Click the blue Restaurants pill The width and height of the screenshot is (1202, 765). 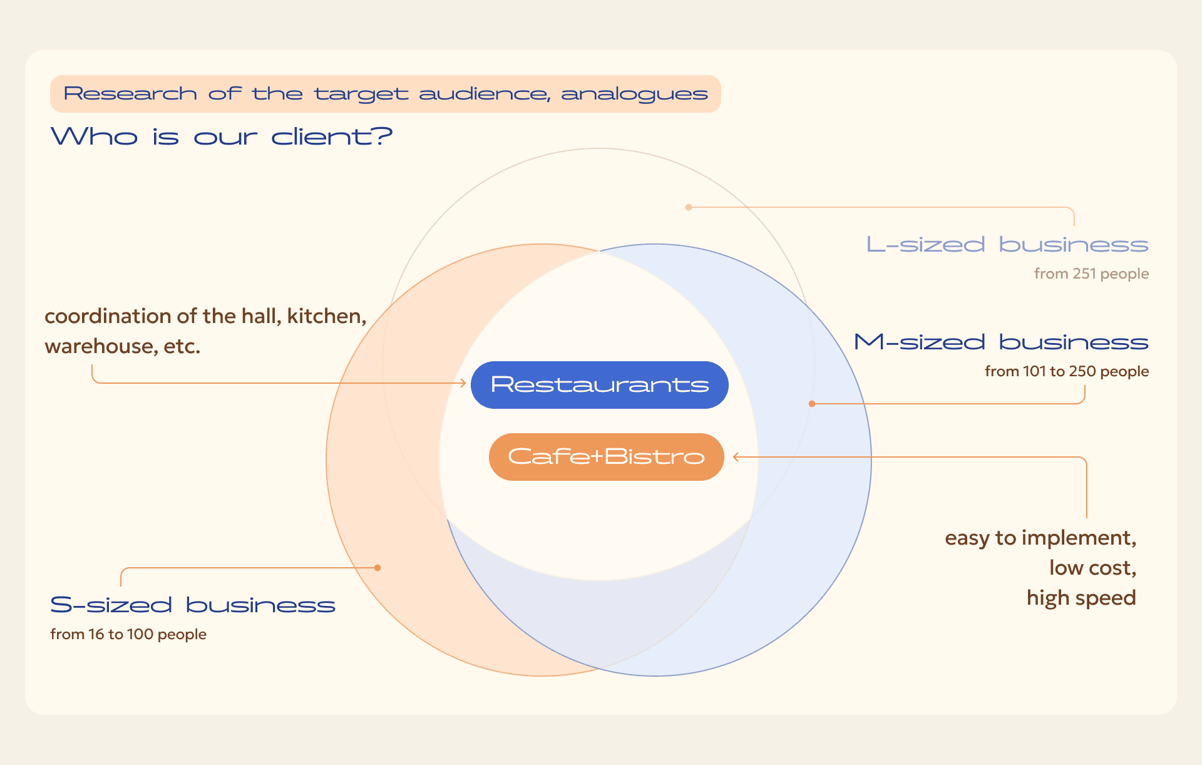pyautogui.click(x=600, y=385)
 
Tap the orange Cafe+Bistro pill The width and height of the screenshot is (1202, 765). pyautogui.click(x=607, y=457)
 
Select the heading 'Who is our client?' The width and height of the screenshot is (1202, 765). pyautogui.click(x=222, y=136)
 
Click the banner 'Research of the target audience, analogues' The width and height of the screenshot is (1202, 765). pyautogui.click(x=386, y=94)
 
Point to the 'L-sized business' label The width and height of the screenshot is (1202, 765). pyautogui.click(x=1007, y=244)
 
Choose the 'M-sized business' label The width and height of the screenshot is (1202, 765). pyautogui.click(x=1002, y=342)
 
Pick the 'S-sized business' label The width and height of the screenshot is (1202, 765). pyautogui.click(x=193, y=605)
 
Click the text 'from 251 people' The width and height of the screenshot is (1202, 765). pyautogui.click(x=1091, y=274)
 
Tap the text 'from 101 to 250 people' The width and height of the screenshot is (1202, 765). pyautogui.click(x=1067, y=371)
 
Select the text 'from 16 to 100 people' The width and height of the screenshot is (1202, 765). pyautogui.click(x=128, y=634)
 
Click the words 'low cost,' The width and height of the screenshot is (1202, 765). pyautogui.click(x=1092, y=568)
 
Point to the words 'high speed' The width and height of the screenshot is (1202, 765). pyautogui.click(x=1081, y=598)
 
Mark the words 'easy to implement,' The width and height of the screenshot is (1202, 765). pyautogui.click(x=1040, y=538)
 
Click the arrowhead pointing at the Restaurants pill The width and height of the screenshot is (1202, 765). pyautogui.click(x=463, y=383)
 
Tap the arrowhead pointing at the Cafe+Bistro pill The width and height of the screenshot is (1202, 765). pyautogui.click(x=736, y=457)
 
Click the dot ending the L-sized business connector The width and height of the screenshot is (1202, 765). pyautogui.click(x=689, y=207)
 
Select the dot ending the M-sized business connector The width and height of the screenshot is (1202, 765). pyautogui.click(x=812, y=404)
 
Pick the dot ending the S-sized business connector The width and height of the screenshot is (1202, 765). pyautogui.click(x=378, y=568)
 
